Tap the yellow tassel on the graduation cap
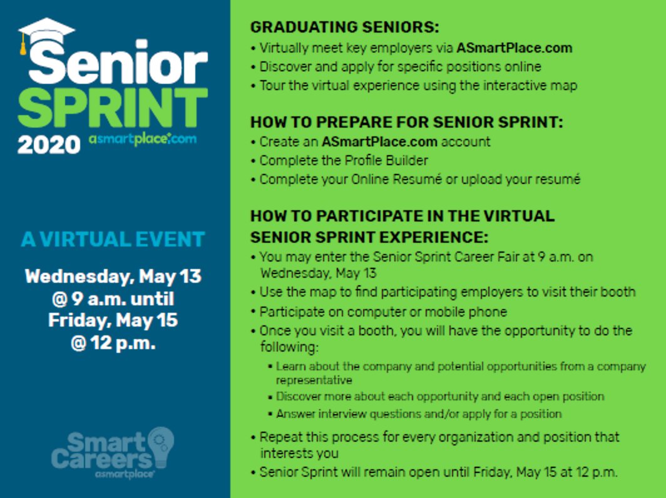point(24,46)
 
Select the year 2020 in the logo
point(49,145)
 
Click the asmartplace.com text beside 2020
point(143,140)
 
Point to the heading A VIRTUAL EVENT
point(113,239)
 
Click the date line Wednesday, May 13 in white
point(113,276)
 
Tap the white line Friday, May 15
point(113,320)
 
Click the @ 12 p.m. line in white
point(113,343)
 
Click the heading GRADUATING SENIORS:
point(345,28)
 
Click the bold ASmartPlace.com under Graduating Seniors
point(514,48)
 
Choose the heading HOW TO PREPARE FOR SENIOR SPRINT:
point(407,122)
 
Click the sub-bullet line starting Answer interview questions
point(419,414)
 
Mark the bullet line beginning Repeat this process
point(439,437)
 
